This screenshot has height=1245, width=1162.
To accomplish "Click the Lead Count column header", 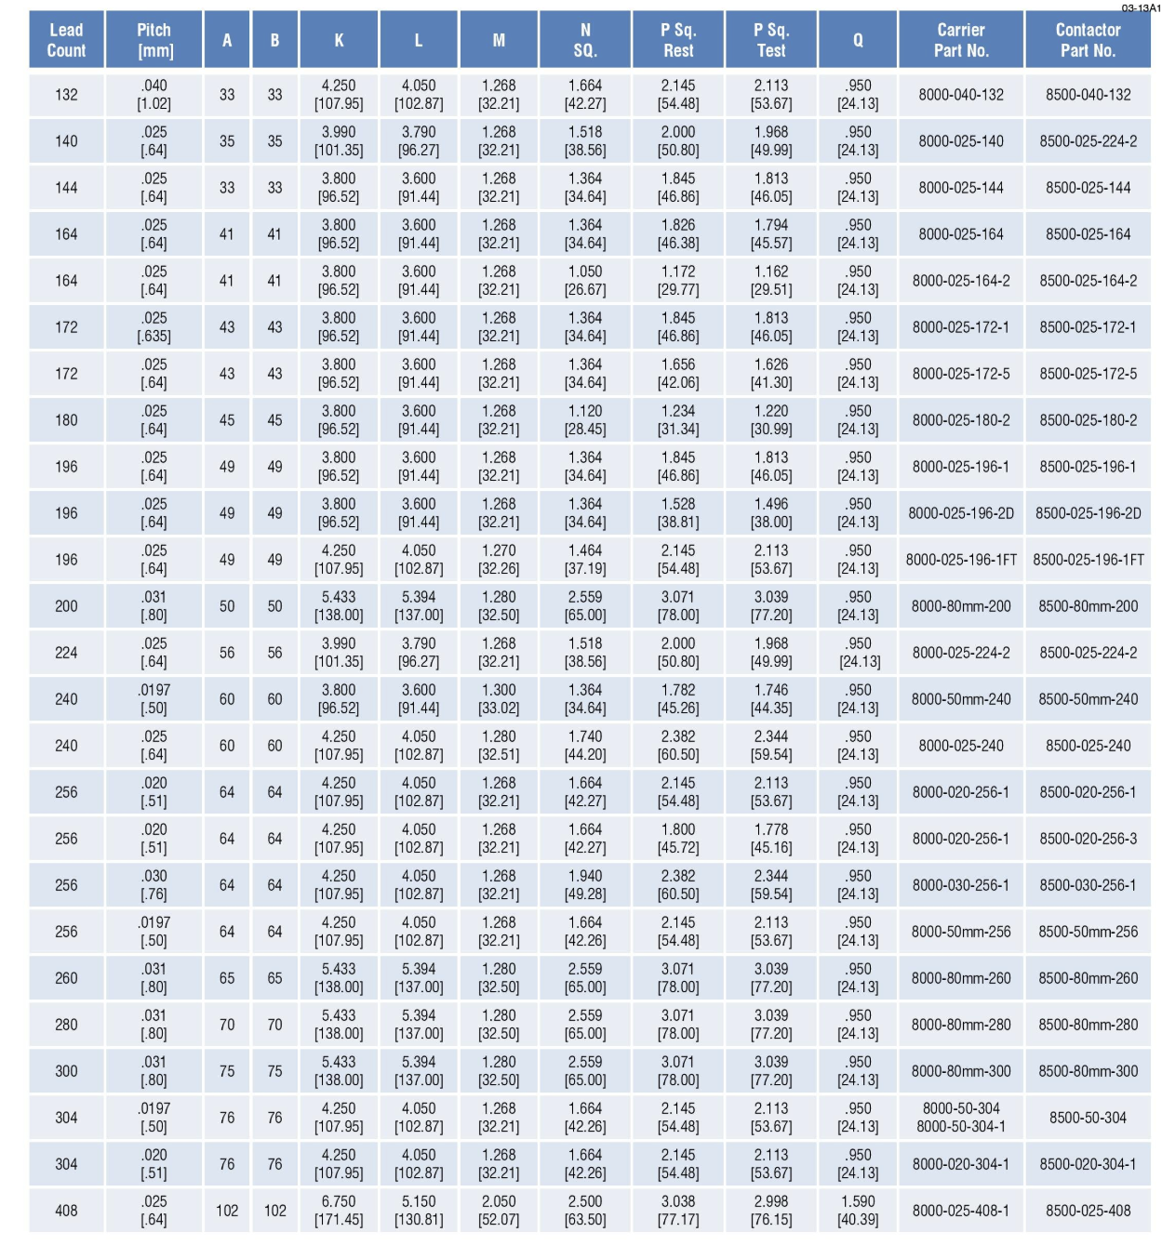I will pyautogui.click(x=66, y=40).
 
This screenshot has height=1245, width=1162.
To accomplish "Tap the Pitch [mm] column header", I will pyautogui.click(x=154, y=40).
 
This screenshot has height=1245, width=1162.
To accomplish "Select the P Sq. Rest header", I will pyautogui.click(x=678, y=40).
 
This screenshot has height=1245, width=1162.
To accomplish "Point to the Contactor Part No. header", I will pyautogui.click(x=1088, y=40).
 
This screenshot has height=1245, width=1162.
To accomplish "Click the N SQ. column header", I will pyautogui.click(x=585, y=40).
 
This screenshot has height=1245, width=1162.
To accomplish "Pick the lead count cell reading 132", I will pyautogui.click(x=66, y=95).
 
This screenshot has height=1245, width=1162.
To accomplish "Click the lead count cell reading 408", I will pyautogui.click(x=66, y=1211).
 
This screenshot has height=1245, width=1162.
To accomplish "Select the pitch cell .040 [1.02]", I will pyautogui.click(x=154, y=95).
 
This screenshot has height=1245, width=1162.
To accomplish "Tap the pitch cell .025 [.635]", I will pyautogui.click(x=154, y=327).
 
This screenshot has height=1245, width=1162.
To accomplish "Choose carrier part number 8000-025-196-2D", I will pyautogui.click(x=961, y=513).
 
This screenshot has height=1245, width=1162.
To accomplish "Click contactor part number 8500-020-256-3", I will pyautogui.click(x=1088, y=839).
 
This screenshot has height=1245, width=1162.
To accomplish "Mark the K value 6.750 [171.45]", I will pyautogui.click(x=339, y=1211).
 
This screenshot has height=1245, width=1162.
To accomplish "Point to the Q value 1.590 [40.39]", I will pyautogui.click(x=858, y=1211).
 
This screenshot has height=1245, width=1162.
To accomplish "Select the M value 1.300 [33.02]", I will pyautogui.click(x=499, y=699).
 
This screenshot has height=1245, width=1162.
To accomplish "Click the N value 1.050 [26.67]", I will pyautogui.click(x=585, y=281).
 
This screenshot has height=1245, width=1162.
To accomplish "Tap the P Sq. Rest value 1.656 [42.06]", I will pyautogui.click(x=678, y=374).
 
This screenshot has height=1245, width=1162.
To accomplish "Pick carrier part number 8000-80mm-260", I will pyautogui.click(x=961, y=978).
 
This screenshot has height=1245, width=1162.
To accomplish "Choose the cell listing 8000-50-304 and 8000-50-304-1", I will pyautogui.click(x=961, y=1118).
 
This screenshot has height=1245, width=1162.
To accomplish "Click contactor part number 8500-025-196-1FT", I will pyautogui.click(x=1088, y=560).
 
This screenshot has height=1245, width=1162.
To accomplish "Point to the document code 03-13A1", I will pyautogui.click(x=1141, y=8).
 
